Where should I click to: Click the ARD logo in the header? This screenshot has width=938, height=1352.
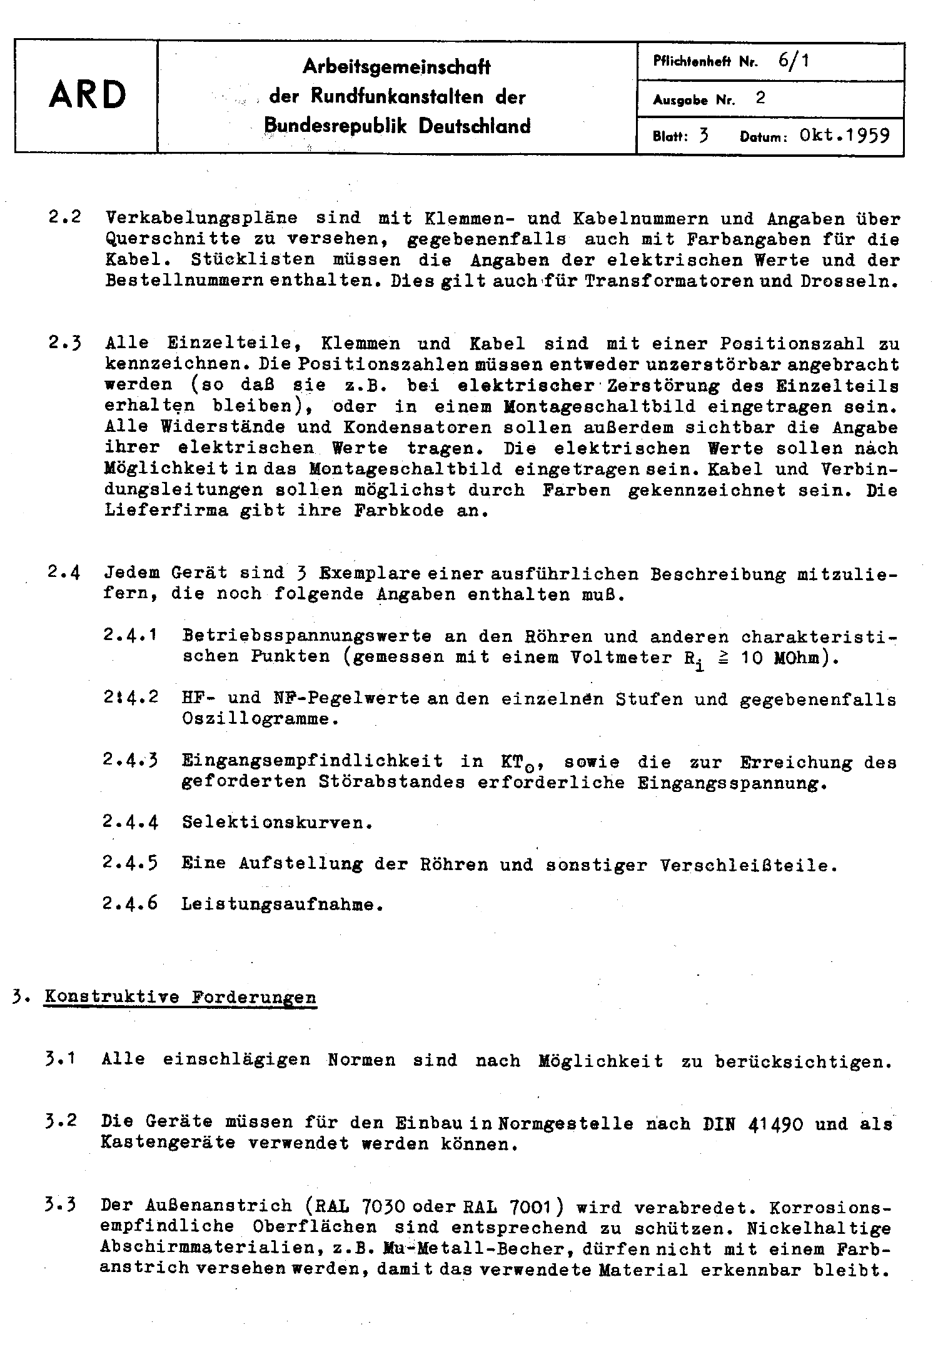click(87, 96)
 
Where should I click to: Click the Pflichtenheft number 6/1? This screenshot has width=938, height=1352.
click(794, 61)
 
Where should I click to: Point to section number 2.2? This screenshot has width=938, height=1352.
click(64, 219)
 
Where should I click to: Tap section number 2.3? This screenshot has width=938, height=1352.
click(64, 343)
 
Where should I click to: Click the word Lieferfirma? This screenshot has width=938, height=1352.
click(164, 510)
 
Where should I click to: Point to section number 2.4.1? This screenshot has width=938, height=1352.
click(129, 636)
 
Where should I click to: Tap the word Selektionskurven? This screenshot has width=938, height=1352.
click(276, 823)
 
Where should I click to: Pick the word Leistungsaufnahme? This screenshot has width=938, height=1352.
click(280, 904)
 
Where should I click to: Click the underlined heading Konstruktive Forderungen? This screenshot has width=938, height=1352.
click(180, 997)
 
